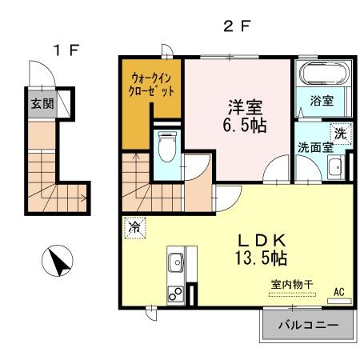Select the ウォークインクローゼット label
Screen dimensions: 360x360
(151, 85)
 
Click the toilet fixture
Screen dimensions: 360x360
(167, 148)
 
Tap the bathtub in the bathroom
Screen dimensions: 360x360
(323, 77)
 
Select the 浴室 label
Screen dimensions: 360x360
(323, 102)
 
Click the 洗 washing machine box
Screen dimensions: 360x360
(341, 134)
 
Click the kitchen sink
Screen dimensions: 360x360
(176, 262)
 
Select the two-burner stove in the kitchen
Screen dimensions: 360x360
(175, 294)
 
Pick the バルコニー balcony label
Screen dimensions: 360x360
(307, 326)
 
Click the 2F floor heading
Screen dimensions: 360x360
(237, 25)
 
